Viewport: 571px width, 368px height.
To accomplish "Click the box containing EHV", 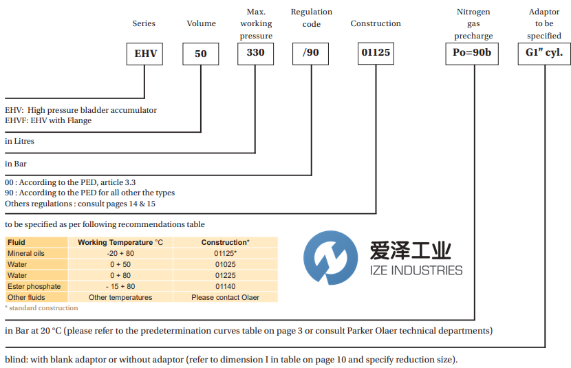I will coord(144,54).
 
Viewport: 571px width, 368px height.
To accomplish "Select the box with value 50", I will coord(200,54).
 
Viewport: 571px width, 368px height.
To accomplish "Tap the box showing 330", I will coord(255,53).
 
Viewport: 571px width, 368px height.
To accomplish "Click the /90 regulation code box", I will coord(311,53).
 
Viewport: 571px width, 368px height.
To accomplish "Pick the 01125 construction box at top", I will coord(376,53).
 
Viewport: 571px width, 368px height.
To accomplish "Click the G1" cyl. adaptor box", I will coord(543,53).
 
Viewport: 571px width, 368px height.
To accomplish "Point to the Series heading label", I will coord(144,23).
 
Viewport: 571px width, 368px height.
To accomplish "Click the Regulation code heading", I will coord(311,18).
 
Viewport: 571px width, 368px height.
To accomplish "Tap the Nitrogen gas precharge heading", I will coord(473,24).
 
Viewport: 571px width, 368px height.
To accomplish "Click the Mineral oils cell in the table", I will coord(25,253).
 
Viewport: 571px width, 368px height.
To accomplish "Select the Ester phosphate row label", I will coord(34,286).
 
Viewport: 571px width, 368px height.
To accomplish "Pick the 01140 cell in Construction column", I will coord(225,286).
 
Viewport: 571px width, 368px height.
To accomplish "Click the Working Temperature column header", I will coord(120,242).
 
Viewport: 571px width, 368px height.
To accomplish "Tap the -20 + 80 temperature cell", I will coord(120,253).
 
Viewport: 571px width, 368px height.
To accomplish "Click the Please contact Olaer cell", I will coord(225,297).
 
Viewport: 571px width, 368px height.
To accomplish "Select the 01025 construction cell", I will coord(225,264).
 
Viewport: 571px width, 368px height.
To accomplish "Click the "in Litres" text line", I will coord(19,141).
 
